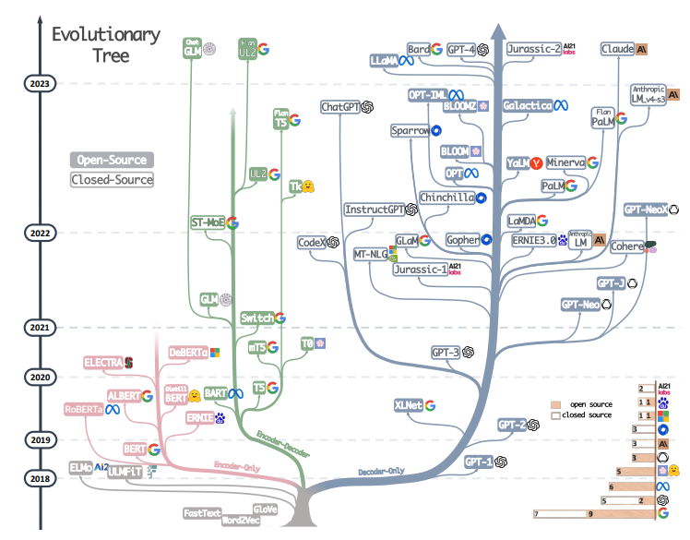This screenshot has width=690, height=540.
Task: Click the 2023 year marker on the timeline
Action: point(40,84)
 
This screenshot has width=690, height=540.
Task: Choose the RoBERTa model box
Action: point(84,409)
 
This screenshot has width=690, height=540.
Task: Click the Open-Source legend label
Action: point(112,160)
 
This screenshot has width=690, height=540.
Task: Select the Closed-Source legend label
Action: point(112,179)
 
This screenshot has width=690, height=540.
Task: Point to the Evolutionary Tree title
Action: point(104,45)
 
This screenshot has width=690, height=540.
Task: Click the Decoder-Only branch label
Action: point(381,471)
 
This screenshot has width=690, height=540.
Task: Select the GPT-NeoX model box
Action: point(645,210)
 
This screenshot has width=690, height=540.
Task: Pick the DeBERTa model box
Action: point(188,353)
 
